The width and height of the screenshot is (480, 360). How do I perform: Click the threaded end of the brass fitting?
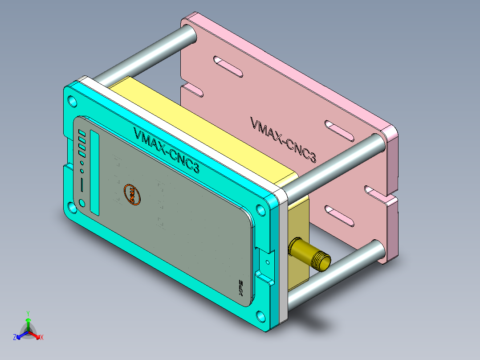point(322,262)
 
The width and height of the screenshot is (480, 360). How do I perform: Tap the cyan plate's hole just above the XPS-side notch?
point(260,209)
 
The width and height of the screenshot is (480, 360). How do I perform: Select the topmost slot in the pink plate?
point(228,66)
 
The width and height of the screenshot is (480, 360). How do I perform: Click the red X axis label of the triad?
point(42,338)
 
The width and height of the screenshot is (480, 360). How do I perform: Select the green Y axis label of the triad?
point(28,313)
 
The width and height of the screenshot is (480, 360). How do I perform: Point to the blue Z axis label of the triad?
point(15,337)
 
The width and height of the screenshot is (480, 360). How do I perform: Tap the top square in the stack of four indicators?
point(81,132)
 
